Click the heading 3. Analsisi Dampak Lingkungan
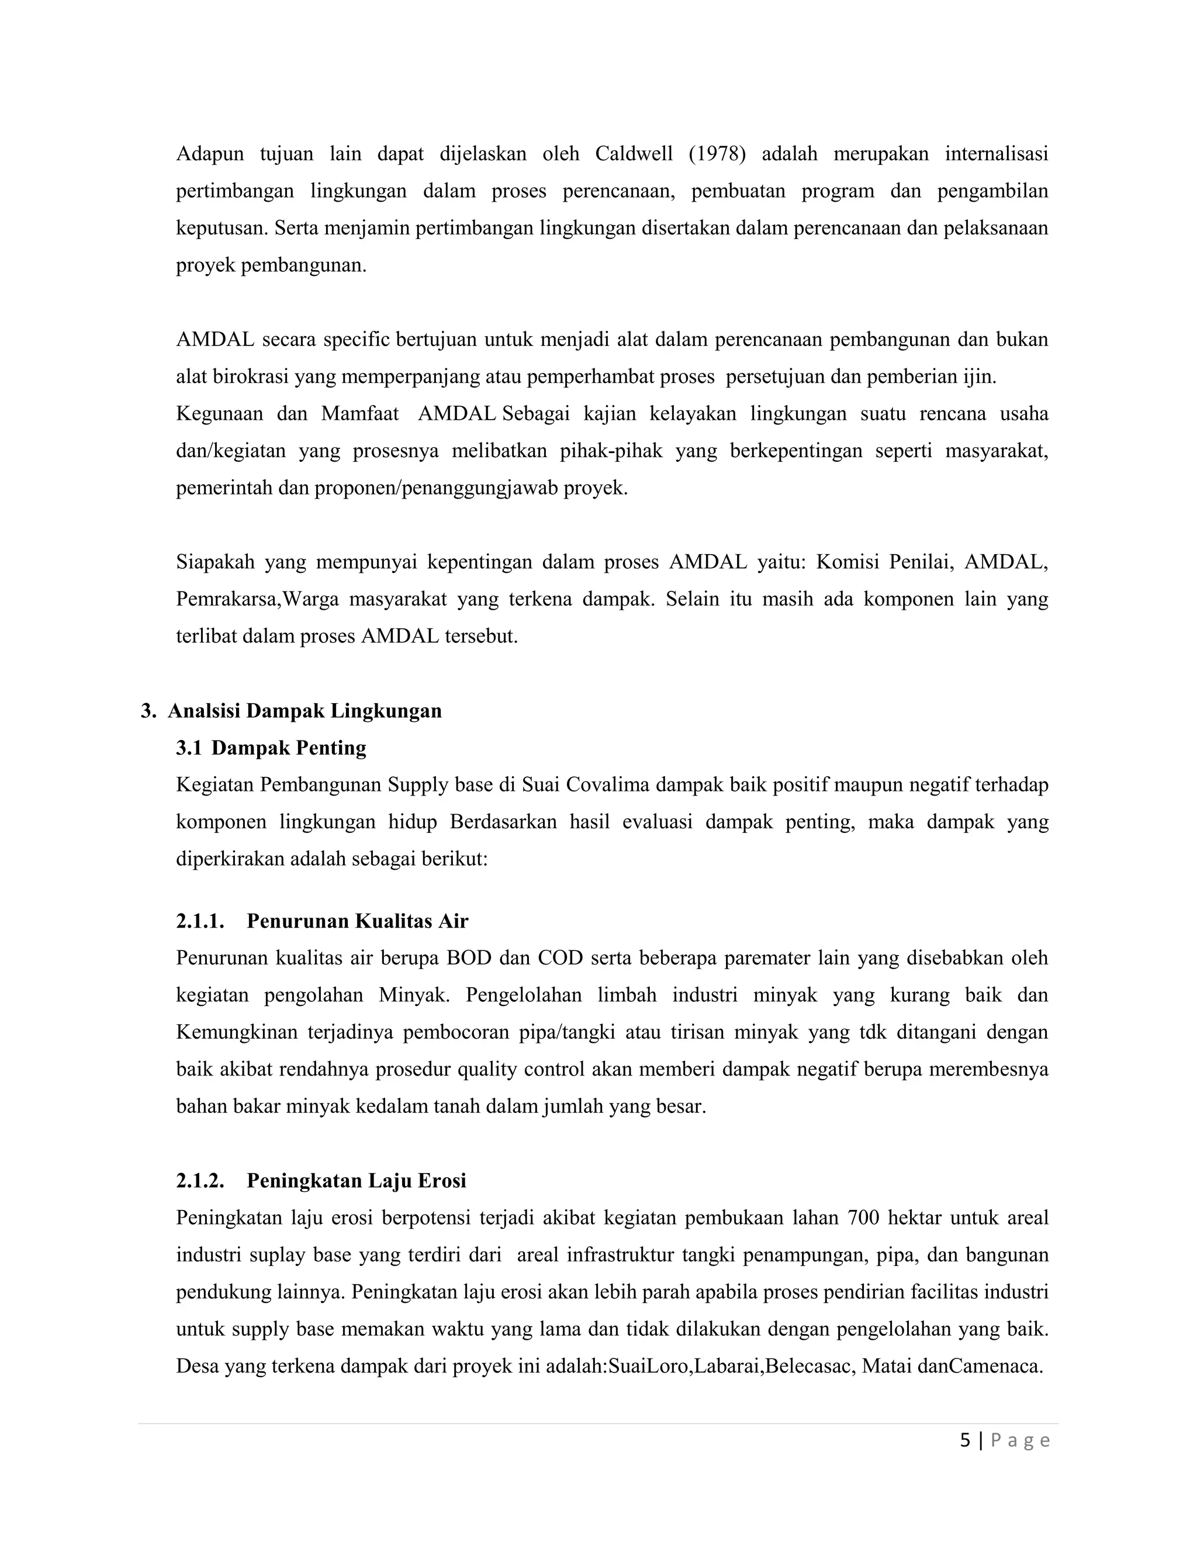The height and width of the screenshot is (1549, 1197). (290, 711)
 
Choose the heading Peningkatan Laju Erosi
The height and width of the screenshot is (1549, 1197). (356, 1180)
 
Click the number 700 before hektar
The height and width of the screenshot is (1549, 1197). (863, 1218)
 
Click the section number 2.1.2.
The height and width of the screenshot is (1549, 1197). (200, 1180)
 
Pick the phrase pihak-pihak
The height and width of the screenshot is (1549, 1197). (611, 451)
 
